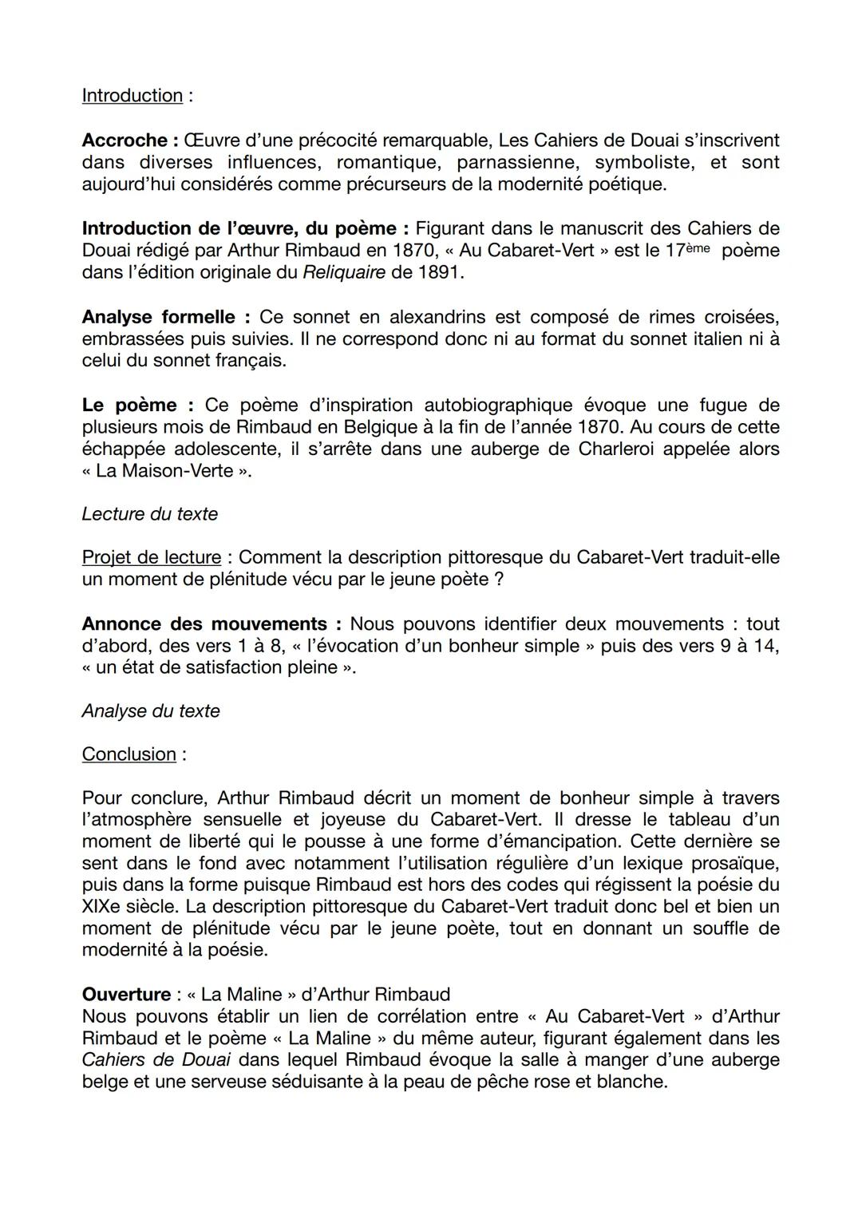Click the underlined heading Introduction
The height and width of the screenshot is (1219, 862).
(132, 96)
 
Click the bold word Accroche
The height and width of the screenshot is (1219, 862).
(125, 141)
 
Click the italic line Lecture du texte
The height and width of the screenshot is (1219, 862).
(150, 514)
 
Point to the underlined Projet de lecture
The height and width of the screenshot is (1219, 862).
(152, 557)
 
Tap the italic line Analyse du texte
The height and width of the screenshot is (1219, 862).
(151, 711)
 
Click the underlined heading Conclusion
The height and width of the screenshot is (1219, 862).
(129, 754)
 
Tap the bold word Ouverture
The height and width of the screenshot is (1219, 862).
(126, 995)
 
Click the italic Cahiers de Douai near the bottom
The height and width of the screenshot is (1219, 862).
(156, 1060)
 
